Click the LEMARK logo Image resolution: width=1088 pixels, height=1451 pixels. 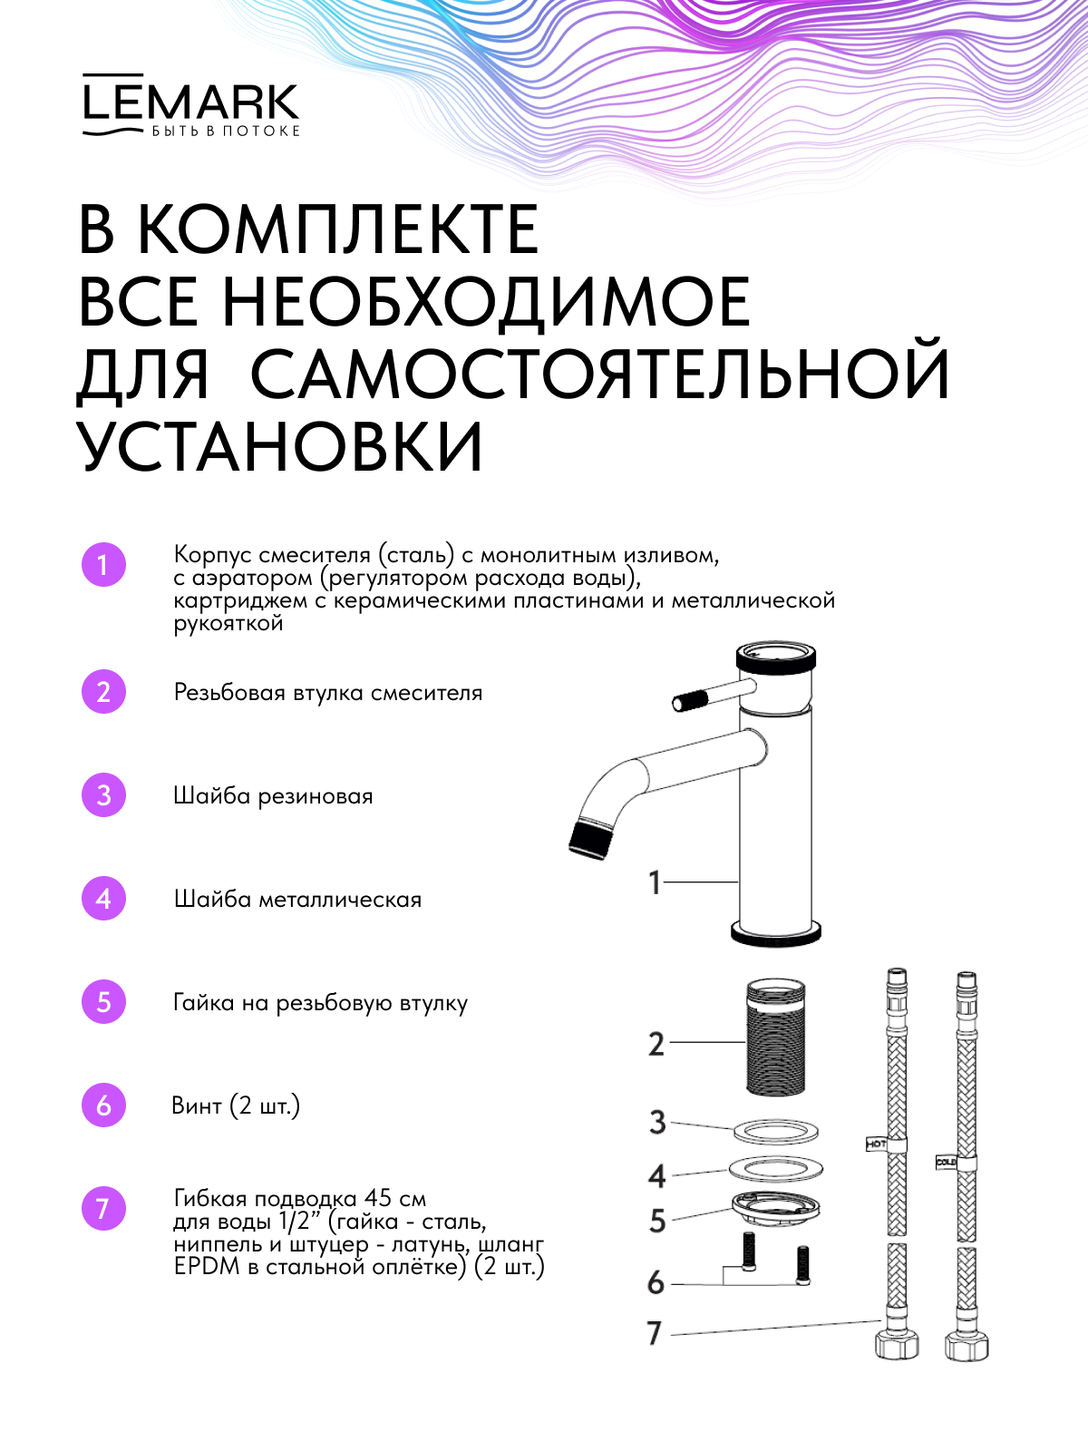(191, 105)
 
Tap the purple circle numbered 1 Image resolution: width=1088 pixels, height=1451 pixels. (103, 565)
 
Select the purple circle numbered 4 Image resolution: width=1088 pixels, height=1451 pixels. (103, 899)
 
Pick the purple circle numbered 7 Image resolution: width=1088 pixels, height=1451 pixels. (103, 1208)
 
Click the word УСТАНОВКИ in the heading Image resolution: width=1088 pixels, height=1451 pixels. (281, 446)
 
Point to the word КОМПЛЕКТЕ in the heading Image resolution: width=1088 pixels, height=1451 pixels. (338, 229)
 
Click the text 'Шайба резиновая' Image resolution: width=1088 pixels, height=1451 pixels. (273, 796)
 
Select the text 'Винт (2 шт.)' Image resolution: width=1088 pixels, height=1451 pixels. (236, 1105)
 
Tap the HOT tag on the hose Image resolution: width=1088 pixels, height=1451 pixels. (877, 1162)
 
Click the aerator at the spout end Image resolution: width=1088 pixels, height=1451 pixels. (588, 840)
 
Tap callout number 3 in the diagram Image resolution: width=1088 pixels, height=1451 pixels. (657, 1123)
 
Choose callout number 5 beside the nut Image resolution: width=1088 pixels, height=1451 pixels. (657, 1221)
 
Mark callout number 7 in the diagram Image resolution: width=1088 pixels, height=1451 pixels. (655, 1333)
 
